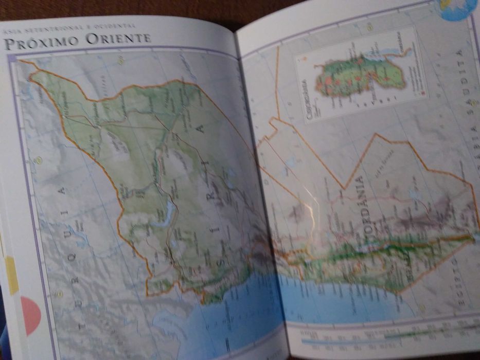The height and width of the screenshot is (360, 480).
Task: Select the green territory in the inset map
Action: pyautogui.click(x=360, y=77)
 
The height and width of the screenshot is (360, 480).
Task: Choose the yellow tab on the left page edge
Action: pyautogui.click(x=12, y=276)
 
